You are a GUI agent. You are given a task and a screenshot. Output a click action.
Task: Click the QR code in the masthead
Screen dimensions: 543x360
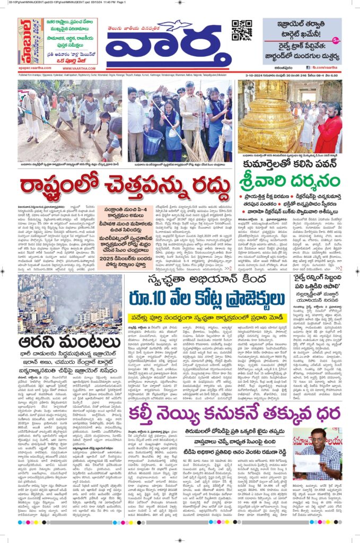click(242, 30)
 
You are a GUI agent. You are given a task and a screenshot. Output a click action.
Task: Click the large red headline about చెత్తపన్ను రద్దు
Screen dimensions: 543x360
click(126, 185)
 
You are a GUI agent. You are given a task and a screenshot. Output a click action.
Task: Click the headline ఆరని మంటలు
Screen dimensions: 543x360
click(70, 341)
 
